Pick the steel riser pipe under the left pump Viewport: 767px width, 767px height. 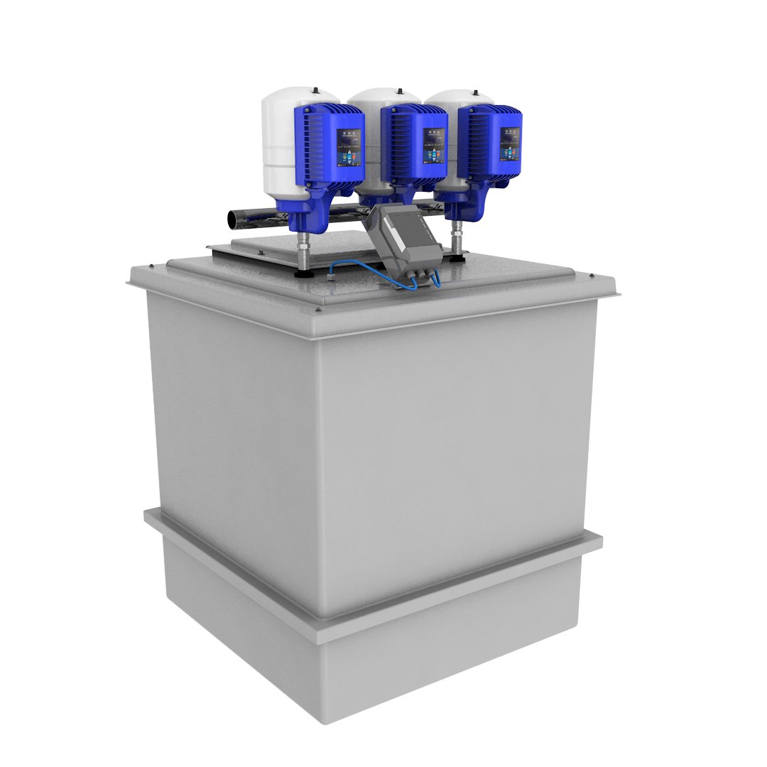(304, 249)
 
